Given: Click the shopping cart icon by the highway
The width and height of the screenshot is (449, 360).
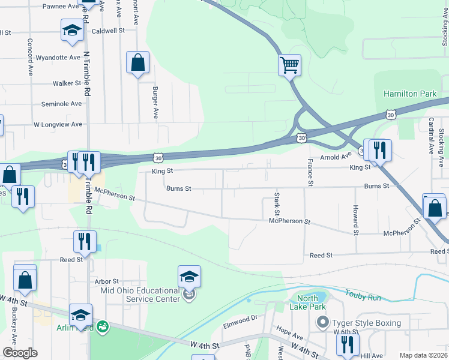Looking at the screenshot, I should point(289,64).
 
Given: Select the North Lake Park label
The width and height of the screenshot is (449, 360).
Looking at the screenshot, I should point(307,303).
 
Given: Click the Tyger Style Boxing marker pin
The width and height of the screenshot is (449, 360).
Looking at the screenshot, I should point(323,323).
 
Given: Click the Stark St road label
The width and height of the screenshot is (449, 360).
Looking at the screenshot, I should point(277,204).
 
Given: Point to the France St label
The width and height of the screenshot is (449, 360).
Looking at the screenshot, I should point(310,172).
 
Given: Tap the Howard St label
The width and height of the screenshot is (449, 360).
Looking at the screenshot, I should point(355,220).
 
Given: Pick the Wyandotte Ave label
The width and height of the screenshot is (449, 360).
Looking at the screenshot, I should point(58,58).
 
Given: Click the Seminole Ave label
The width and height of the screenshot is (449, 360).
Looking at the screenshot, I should point(61,103).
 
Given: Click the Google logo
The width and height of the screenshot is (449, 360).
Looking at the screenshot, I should point(20,353).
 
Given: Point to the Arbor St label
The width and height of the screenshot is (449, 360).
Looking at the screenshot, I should point(107,281).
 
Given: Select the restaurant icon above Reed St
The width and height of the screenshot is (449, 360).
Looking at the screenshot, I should point(85,241).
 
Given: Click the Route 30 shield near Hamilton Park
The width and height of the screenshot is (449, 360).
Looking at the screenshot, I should point(391,113).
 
